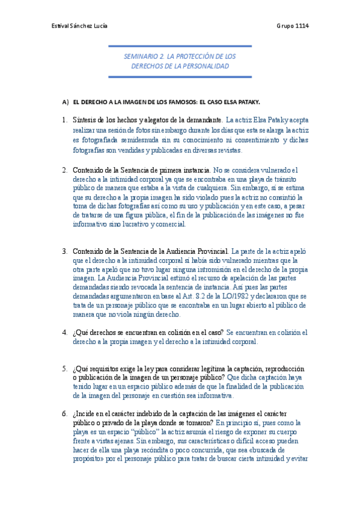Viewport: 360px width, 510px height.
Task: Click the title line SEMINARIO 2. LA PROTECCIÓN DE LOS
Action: pos(180,55)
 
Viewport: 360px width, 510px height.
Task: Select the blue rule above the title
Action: pos(180,46)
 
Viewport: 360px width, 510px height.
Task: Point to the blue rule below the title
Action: pos(180,76)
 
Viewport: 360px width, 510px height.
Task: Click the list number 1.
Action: pos(64,120)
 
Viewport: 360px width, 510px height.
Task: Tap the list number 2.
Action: pos(64,170)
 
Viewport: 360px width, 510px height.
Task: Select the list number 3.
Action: pos(64,251)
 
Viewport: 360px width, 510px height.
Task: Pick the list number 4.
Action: pos(64,332)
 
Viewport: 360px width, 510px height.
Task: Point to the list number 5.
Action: pos(64,369)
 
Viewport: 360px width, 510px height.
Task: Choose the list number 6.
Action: pos(64,414)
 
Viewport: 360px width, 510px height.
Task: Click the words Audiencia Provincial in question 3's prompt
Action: pos(197,251)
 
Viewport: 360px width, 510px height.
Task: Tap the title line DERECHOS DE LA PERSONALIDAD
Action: pos(180,66)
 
